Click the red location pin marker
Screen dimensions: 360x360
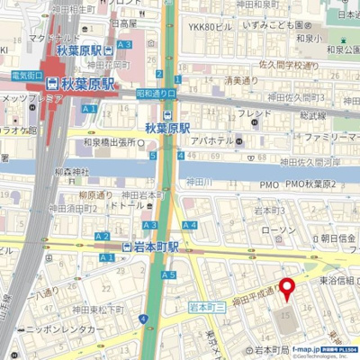point(288,290)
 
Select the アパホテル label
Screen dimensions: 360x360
point(213,141)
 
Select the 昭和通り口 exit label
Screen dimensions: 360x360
point(157,92)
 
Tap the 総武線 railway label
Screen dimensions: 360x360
point(312,115)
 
